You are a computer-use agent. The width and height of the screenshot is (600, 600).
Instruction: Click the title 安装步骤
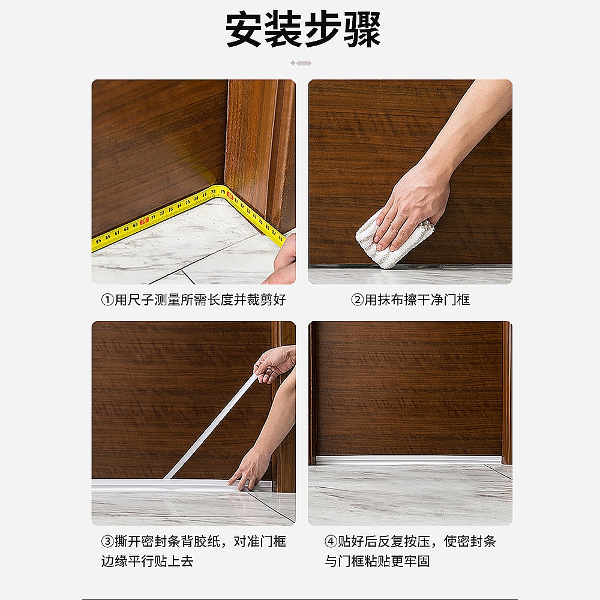[x=303, y=29]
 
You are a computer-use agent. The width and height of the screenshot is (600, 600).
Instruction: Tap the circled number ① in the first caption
[x=107, y=299]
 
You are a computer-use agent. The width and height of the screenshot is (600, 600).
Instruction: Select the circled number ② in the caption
[x=357, y=299]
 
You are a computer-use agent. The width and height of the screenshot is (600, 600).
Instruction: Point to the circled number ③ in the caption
[x=107, y=541]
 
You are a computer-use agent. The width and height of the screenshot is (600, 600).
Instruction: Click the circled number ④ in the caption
[x=331, y=541]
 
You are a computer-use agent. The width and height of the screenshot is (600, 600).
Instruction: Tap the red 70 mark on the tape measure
[x=144, y=221]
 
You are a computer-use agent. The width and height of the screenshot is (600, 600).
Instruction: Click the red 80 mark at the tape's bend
[x=230, y=196]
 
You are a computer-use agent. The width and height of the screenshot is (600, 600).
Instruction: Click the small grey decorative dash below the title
[x=301, y=63]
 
